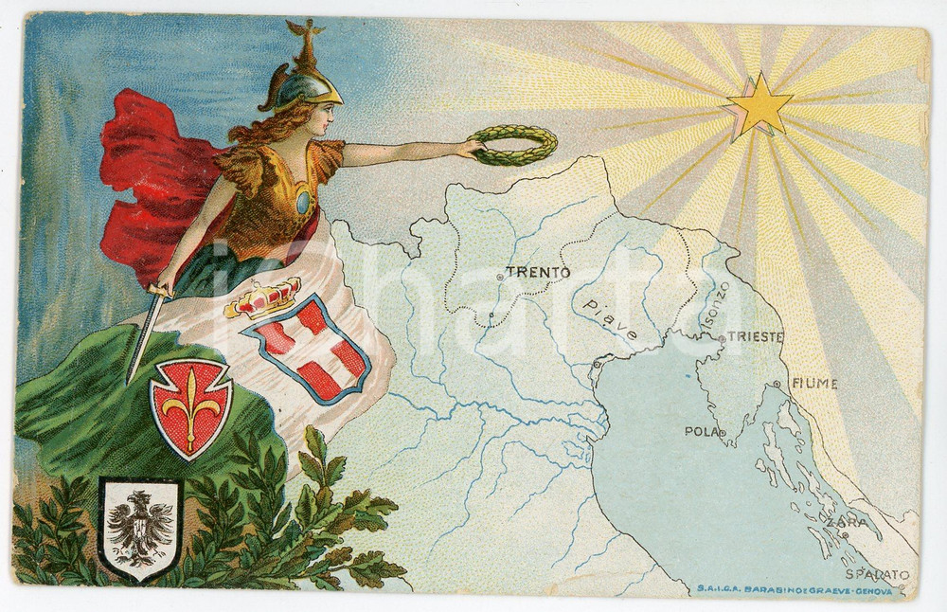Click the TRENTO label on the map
[538, 272]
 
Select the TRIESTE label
[756, 336]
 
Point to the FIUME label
[814, 384]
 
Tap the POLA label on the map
[702, 431]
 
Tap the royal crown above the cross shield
[263, 299]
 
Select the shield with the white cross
[308, 349]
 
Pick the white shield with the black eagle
[140, 527]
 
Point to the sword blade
[144, 338]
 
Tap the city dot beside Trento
[499, 276]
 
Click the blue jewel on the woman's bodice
[302, 202]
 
